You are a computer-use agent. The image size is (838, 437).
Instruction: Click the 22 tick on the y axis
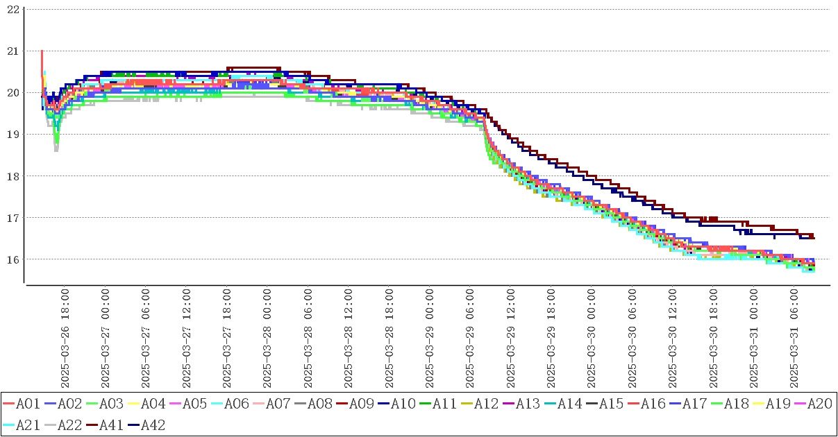[12, 9]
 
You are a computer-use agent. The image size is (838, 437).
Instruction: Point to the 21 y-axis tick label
[12, 51]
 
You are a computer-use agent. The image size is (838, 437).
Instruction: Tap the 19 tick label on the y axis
[12, 134]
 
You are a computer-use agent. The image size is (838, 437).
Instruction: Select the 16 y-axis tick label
[12, 259]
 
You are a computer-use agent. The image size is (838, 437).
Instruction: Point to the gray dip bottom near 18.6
[56, 150]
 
